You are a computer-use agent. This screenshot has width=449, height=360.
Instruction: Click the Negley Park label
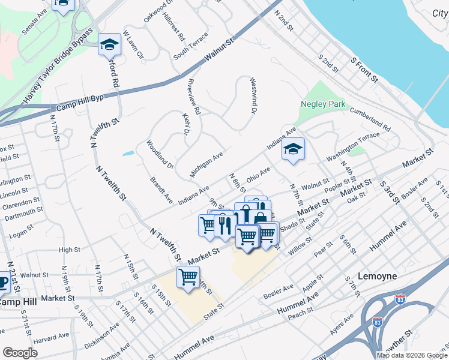[x=323, y=104]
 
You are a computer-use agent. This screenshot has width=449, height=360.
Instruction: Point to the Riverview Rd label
[x=193, y=97]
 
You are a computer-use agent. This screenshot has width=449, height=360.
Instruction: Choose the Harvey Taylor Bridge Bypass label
[x=59, y=64]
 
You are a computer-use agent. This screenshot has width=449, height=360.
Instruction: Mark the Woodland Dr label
[x=160, y=155]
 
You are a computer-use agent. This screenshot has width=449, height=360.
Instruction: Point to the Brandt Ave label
[x=161, y=190]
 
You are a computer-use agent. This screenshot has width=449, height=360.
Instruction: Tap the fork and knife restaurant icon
[x=223, y=224]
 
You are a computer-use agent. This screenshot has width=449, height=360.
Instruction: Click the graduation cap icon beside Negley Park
[x=292, y=149]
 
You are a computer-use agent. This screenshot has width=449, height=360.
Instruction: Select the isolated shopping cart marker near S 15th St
[x=188, y=277]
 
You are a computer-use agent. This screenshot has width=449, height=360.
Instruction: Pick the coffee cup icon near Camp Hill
[x=3, y=282]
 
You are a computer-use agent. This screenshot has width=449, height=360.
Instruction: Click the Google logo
[x=20, y=353]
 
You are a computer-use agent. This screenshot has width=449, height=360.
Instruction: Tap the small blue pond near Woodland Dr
[x=128, y=154]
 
